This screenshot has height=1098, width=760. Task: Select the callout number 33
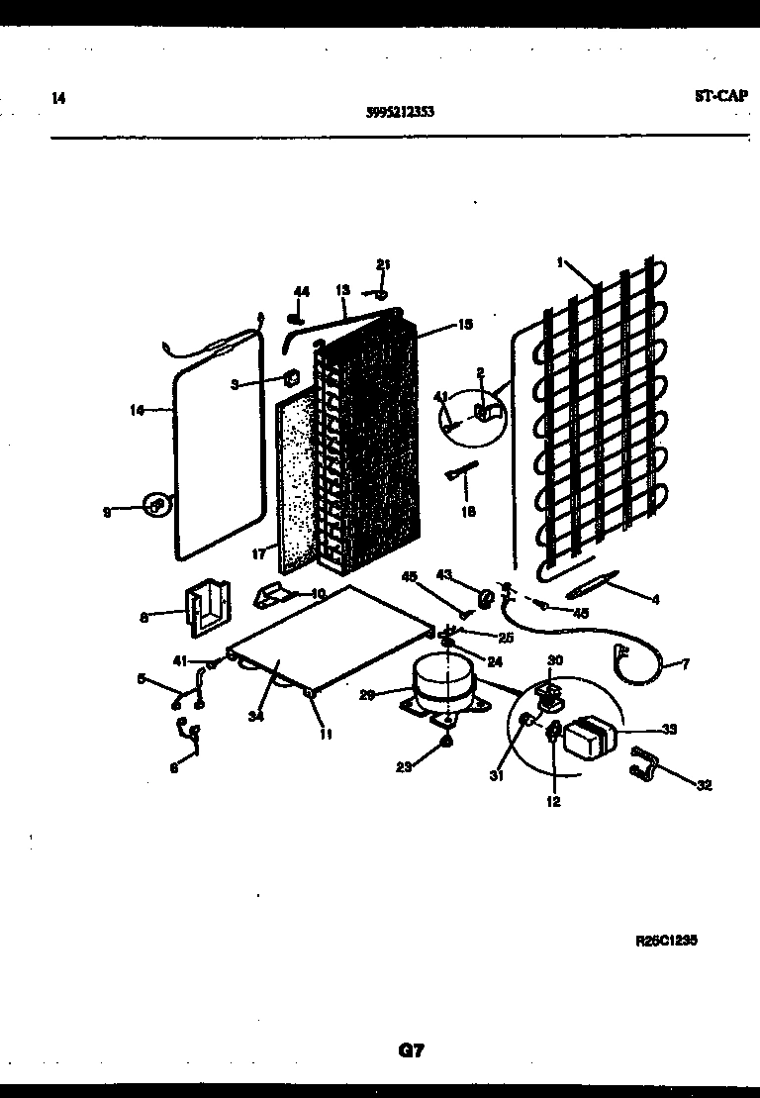point(669,730)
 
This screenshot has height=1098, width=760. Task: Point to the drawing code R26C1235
point(666,942)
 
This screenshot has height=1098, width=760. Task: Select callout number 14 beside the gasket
point(137,408)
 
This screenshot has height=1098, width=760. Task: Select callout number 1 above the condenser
point(559,263)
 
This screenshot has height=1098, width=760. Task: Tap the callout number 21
point(383,263)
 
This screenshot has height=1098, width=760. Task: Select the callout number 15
point(465,324)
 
